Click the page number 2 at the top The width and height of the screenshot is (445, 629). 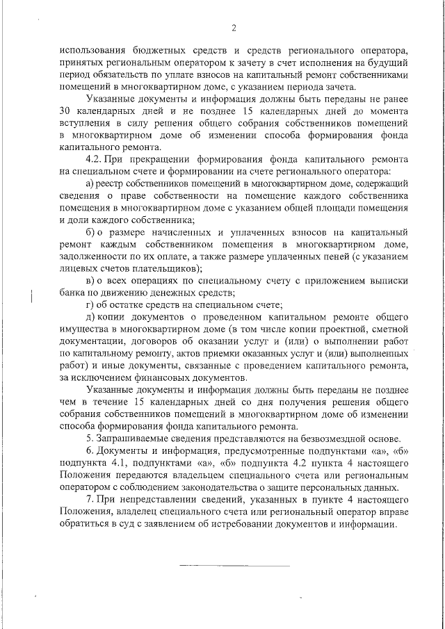[234, 28]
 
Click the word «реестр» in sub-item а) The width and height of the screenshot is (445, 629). [118, 183]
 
